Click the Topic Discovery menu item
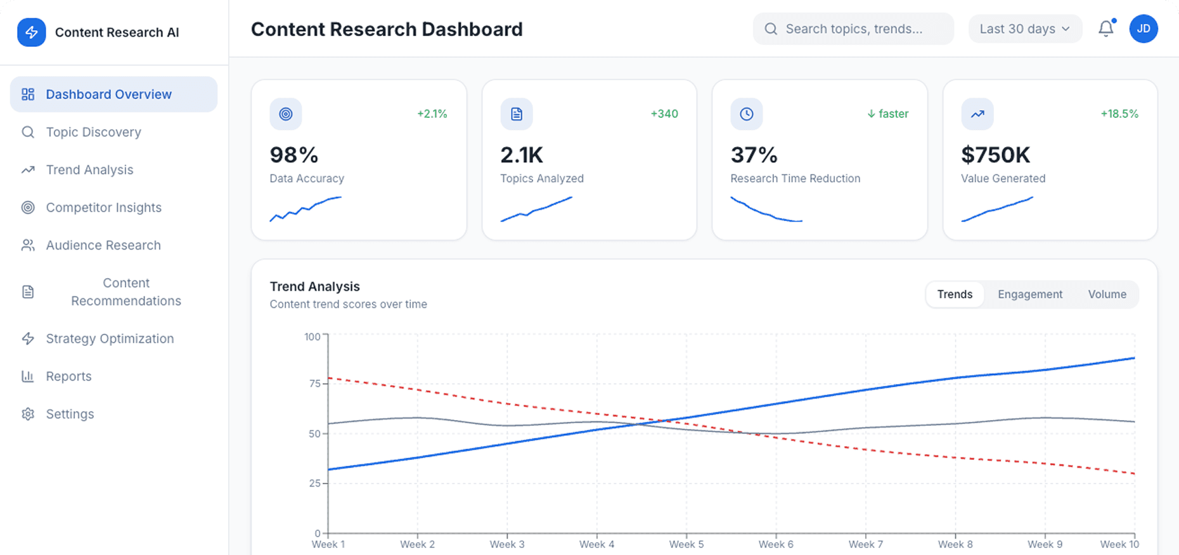pos(93,132)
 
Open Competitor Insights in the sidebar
pos(103,208)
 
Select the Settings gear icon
pos(28,414)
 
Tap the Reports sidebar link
pos(68,376)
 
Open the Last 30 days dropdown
pos(1024,29)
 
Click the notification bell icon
pos(1105,29)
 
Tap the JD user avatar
pos(1143,29)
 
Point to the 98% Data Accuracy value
pos(294,155)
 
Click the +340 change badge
pos(664,114)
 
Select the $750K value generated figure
pos(995,155)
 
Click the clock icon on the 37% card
pos(747,114)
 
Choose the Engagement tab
pos(1029,295)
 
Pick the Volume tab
pos(1107,295)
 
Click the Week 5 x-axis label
pos(686,544)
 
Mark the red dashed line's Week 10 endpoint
pos(1134,473)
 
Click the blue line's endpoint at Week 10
pos(1134,358)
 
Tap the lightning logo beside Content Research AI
pos(31,32)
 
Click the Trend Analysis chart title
pos(314,287)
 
